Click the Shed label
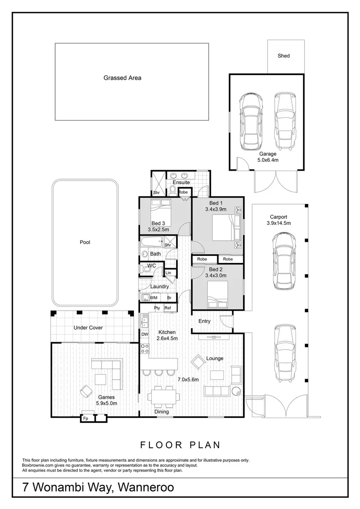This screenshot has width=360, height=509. (284, 56)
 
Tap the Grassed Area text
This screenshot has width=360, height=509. (123, 78)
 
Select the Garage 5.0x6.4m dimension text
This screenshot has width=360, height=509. (268, 160)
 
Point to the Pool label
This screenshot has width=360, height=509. (85, 242)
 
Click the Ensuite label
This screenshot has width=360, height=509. (181, 182)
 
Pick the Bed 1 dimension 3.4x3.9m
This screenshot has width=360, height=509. (216, 209)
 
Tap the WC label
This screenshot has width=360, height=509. (152, 266)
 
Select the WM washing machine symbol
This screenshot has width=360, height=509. (154, 298)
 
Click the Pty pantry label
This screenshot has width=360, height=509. (157, 308)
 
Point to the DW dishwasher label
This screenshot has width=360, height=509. (145, 335)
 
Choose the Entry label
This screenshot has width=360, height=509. (205, 321)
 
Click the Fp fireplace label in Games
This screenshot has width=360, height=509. (86, 418)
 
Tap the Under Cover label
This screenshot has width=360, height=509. (88, 328)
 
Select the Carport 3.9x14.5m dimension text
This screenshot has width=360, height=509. (279, 223)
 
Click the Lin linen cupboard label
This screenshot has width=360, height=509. (168, 273)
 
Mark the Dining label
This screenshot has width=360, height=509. (162, 411)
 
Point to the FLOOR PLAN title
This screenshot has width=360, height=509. (180, 444)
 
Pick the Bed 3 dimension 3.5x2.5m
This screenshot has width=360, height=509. (158, 230)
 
